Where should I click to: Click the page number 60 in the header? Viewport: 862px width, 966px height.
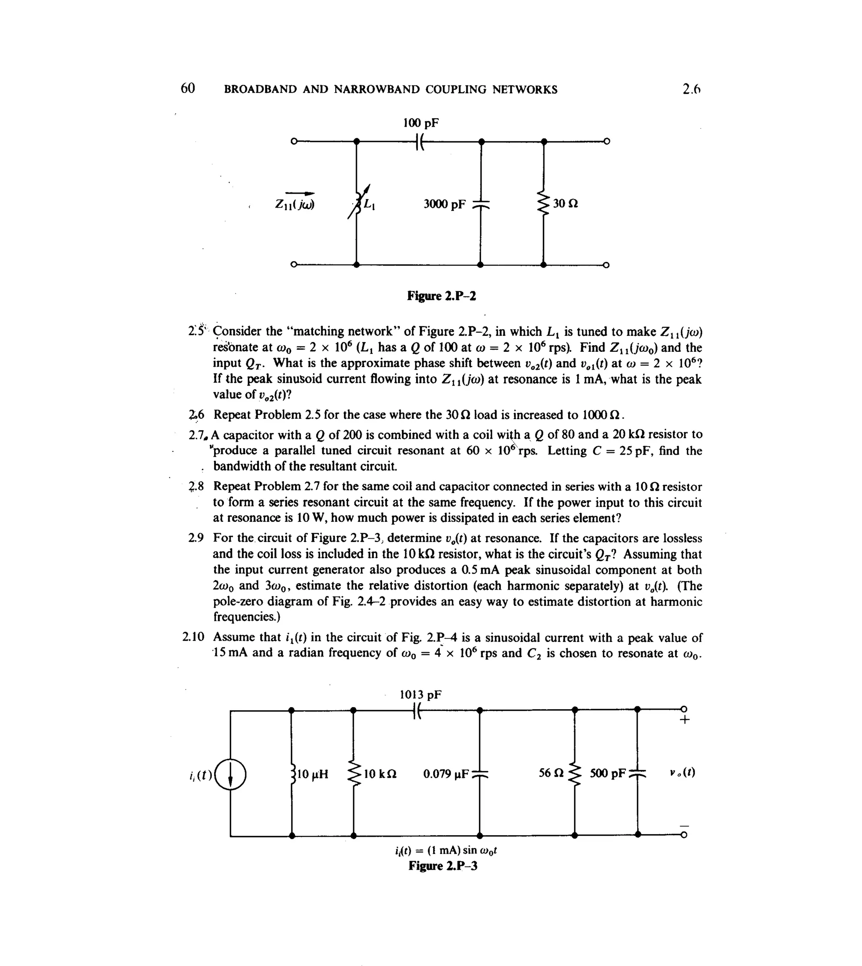[x=188, y=88]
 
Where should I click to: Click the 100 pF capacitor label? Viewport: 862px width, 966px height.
[x=420, y=123]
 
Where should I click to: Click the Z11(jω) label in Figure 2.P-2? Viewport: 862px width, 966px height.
[x=295, y=204]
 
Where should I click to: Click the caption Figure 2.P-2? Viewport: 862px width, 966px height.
[x=442, y=296]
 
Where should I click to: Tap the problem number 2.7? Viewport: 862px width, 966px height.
[x=197, y=434]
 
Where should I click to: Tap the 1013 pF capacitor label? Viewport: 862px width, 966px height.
[x=420, y=695]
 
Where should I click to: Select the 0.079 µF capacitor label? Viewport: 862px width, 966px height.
[x=446, y=774]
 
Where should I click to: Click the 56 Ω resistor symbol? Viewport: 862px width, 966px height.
[x=575, y=774]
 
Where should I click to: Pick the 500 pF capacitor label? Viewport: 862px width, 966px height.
[x=608, y=774]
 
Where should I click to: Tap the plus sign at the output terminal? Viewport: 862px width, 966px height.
[x=684, y=720]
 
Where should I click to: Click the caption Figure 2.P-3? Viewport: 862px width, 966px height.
[x=443, y=866]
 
